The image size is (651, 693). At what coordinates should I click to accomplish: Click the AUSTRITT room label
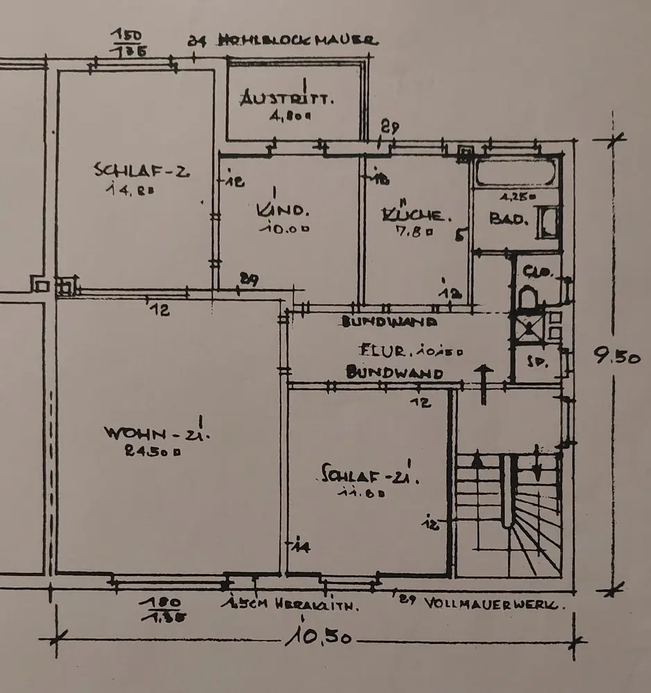click(286, 99)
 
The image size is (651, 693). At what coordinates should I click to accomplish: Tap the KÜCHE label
click(415, 216)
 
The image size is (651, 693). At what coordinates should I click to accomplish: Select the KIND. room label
click(282, 209)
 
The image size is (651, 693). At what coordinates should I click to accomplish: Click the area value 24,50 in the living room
click(153, 451)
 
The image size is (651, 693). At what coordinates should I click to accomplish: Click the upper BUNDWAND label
click(389, 322)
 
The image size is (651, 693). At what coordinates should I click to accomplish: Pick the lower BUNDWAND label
click(394, 373)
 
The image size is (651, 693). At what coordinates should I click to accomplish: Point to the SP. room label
click(535, 362)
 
